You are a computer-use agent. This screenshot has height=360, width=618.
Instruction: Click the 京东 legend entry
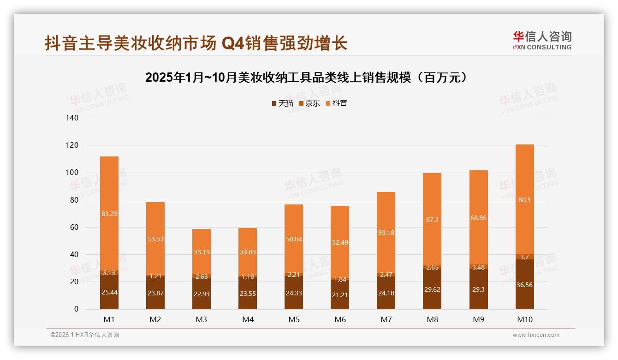click(x=309, y=103)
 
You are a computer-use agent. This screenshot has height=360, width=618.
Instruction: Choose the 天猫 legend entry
click(x=282, y=103)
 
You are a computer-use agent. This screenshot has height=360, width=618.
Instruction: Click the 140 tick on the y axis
click(x=73, y=118)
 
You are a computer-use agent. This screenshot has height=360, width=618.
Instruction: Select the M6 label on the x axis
click(x=340, y=319)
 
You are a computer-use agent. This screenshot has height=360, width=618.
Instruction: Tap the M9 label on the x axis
click(x=478, y=319)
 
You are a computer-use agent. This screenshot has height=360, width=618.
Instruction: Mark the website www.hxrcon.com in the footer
click(x=536, y=335)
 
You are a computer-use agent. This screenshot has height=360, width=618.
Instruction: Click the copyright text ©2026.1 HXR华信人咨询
click(x=85, y=335)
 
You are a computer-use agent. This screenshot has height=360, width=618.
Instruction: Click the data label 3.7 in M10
click(x=524, y=257)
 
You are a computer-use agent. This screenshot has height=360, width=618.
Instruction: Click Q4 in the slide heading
click(x=231, y=43)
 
